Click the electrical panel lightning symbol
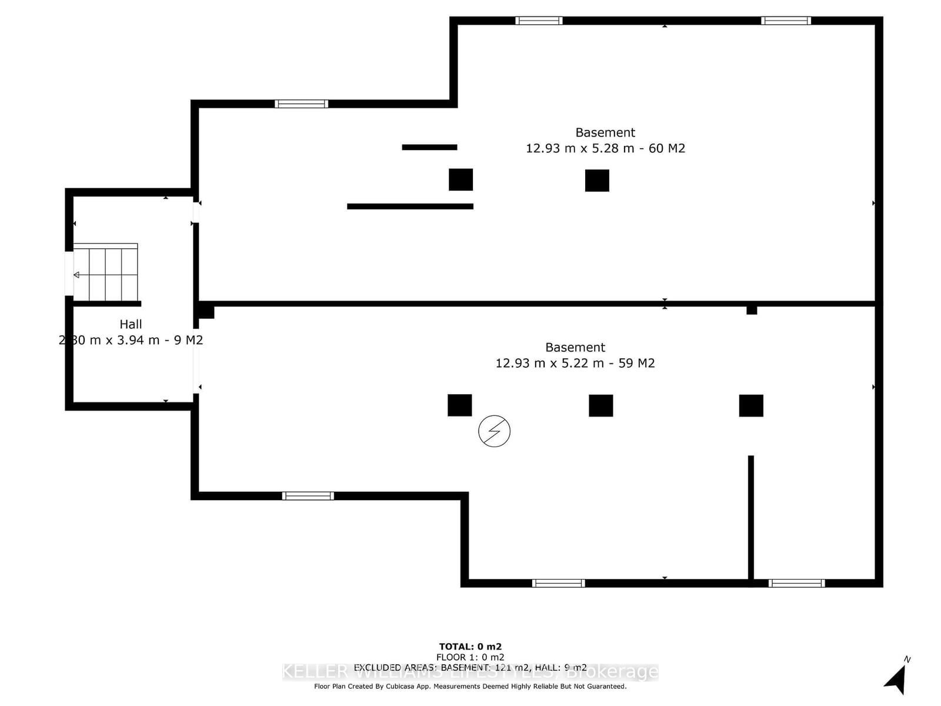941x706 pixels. pos(494,431)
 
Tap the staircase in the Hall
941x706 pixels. pos(105,273)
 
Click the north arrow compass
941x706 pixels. pos(896,680)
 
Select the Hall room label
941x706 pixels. pos(131,324)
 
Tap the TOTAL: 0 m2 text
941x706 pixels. pos(470,647)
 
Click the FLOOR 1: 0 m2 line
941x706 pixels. pos(470,657)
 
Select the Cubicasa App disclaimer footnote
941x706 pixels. pos(470,686)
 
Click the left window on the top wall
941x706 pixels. pos(539,21)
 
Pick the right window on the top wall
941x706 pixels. pos(786,21)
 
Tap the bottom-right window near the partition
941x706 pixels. pos(796,583)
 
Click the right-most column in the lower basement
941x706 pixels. pos(751,405)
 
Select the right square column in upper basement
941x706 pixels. pos(597,181)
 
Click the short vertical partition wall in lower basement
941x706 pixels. pos(750,518)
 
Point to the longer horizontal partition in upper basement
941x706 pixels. pos(410,207)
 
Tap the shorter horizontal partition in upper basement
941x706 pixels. pos(429,147)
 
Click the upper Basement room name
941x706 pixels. pos(605,132)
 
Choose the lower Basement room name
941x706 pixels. pos(575,347)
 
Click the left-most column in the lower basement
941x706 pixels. pos(459,405)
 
